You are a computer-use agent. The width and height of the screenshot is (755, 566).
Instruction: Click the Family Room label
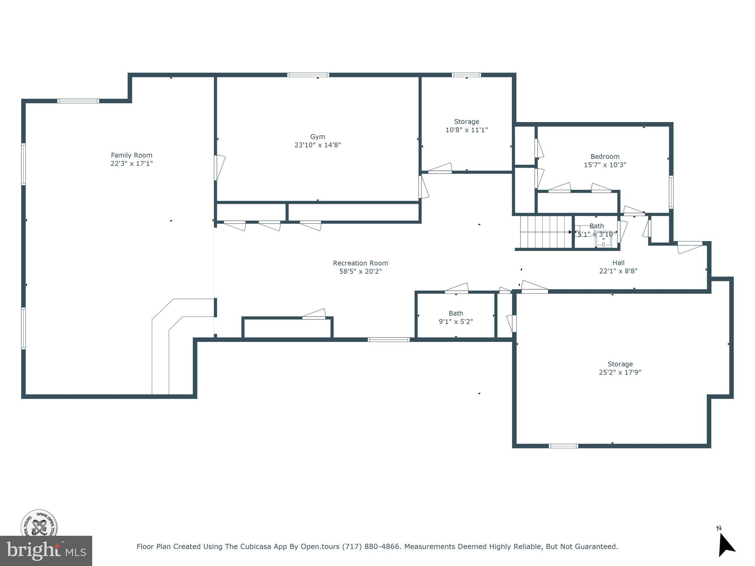pos(132,155)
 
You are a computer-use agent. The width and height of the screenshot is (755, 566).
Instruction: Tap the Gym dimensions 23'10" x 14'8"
pos(317,145)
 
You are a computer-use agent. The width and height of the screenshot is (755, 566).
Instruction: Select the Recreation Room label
pos(360,263)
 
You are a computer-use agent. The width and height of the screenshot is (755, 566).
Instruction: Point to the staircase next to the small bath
pos(545,232)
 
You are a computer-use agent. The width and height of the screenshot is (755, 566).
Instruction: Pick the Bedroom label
pos(605,157)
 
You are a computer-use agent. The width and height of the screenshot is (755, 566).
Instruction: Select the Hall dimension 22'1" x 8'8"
pos(618,271)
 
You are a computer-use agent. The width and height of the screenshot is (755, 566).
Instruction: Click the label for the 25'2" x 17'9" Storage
pos(620,364)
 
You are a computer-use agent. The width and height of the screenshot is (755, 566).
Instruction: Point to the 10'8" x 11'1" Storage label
pos(466,122)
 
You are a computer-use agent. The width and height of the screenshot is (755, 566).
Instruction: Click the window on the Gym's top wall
pos(308,75)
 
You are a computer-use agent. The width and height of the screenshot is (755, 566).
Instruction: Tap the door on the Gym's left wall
pos(219,168)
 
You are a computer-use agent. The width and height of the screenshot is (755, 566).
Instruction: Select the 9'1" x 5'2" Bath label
pos(456,313)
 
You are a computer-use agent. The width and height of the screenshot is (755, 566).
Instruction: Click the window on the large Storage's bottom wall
pos(563,446)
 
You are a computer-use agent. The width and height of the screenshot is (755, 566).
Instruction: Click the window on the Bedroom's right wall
pos(671,192)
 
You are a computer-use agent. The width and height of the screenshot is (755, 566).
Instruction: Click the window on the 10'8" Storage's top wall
pos(466,75)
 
